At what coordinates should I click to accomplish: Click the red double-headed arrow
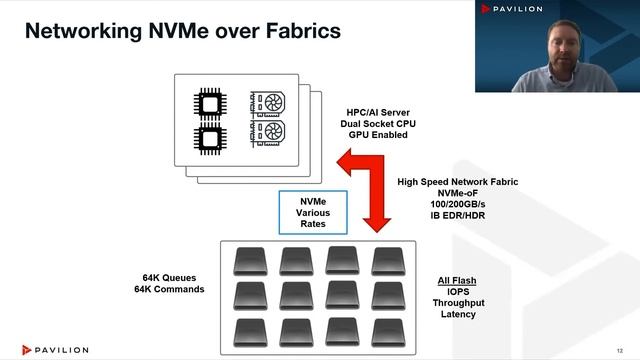(372, 195)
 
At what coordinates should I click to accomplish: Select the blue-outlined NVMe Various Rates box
(314, 212)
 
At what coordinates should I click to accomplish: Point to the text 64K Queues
(173, 277)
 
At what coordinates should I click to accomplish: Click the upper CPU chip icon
(209, 103)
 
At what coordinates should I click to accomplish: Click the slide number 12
(621, 349)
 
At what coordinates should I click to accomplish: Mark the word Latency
(454, 314)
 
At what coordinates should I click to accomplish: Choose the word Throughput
(454, 302)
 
